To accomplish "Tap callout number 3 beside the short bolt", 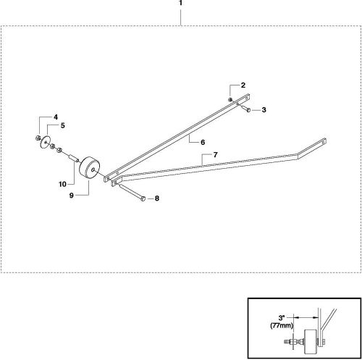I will tap(264, 110).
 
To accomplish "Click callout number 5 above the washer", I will tap(62, 125).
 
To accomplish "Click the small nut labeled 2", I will tap(230, 98).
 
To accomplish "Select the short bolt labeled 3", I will tap(246, 110).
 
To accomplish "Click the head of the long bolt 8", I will tap(145, 198).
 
